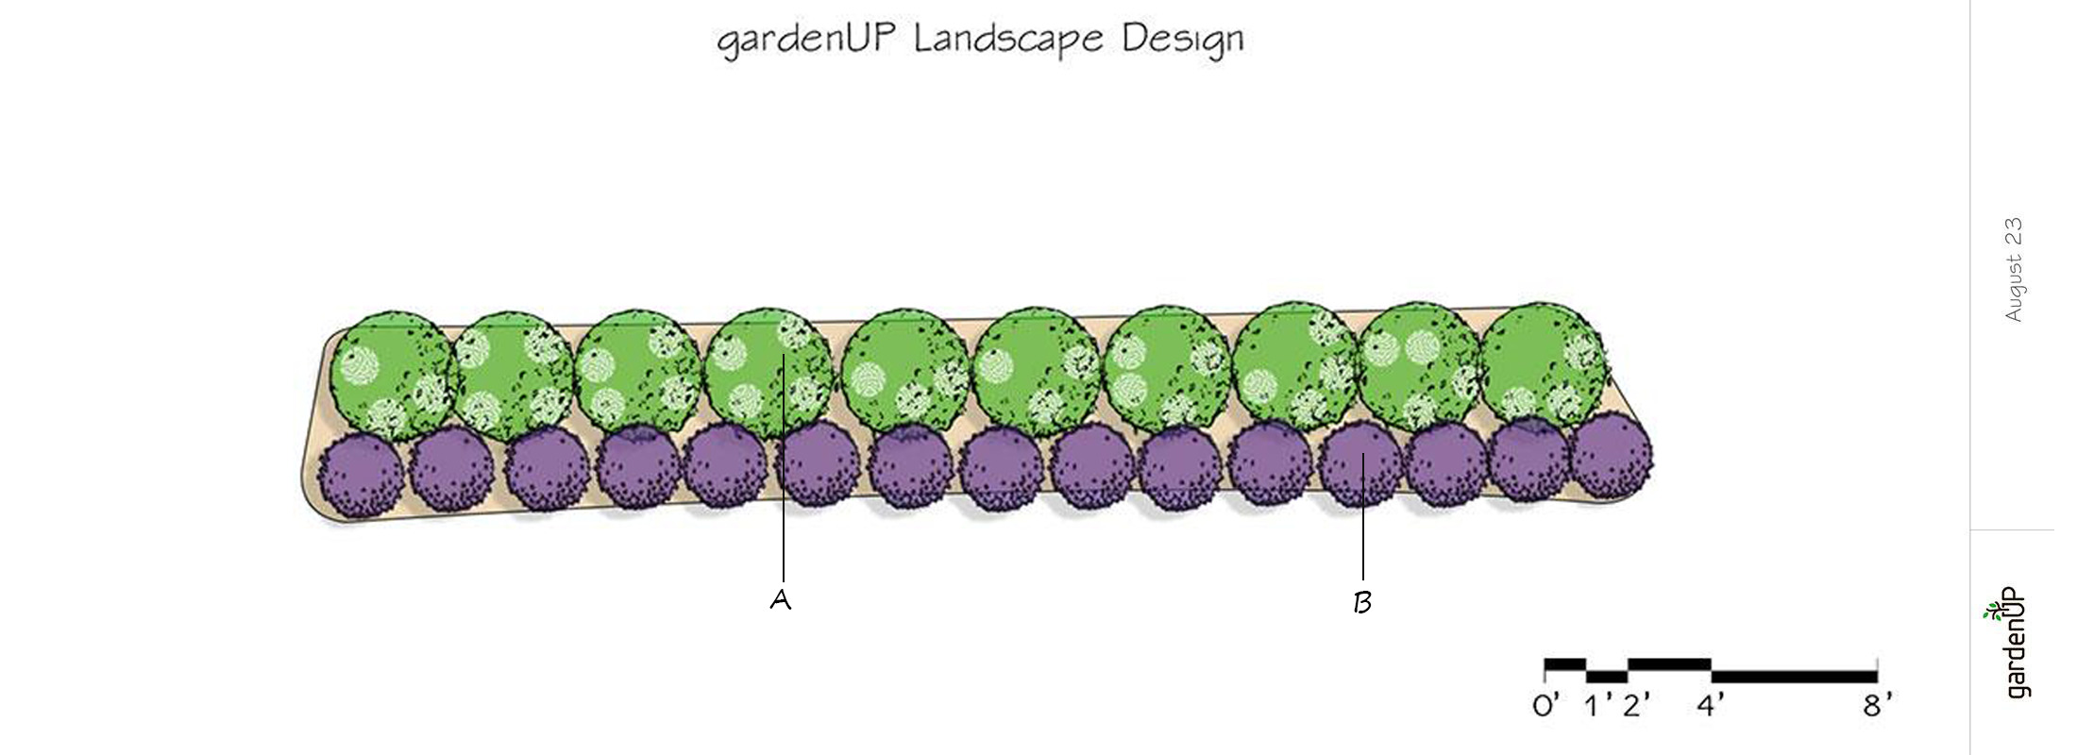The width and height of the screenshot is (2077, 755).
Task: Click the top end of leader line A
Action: (784, 356)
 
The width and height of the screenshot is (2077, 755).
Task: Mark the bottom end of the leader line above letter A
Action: (784, 579)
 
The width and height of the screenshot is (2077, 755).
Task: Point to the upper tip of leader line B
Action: (1362, 454)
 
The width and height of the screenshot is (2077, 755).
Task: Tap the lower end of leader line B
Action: (1362, 579)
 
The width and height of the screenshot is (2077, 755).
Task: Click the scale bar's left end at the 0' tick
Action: (1545, 670)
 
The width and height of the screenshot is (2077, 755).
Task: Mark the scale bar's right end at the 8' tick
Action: (1877, 670)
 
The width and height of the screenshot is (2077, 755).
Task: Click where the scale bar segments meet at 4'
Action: (1712, 670)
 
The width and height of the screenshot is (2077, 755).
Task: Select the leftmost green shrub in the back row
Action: (392, 375)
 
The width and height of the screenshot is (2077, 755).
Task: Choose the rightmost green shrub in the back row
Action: (1542, 364)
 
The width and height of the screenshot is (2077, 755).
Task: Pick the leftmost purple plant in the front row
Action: (362, 473)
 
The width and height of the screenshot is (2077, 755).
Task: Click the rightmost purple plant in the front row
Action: (1612, 455)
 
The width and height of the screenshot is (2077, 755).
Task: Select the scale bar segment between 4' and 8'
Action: (1794, 676)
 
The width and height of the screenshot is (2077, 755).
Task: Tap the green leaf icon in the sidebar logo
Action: (1994, 612)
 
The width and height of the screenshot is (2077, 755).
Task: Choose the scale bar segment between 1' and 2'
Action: (1607, 676)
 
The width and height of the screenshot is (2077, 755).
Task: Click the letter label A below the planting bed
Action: (781, 600)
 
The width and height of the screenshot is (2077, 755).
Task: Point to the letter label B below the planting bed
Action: (1361, 602)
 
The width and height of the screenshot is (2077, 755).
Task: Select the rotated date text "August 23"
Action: (2013, 270)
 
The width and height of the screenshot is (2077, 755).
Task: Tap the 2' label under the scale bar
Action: (1637, 705)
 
